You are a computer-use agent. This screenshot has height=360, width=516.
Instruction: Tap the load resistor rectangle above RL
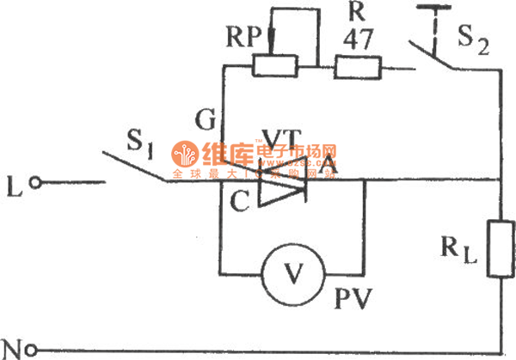500,249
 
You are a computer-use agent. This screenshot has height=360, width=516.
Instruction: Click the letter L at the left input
13,182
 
